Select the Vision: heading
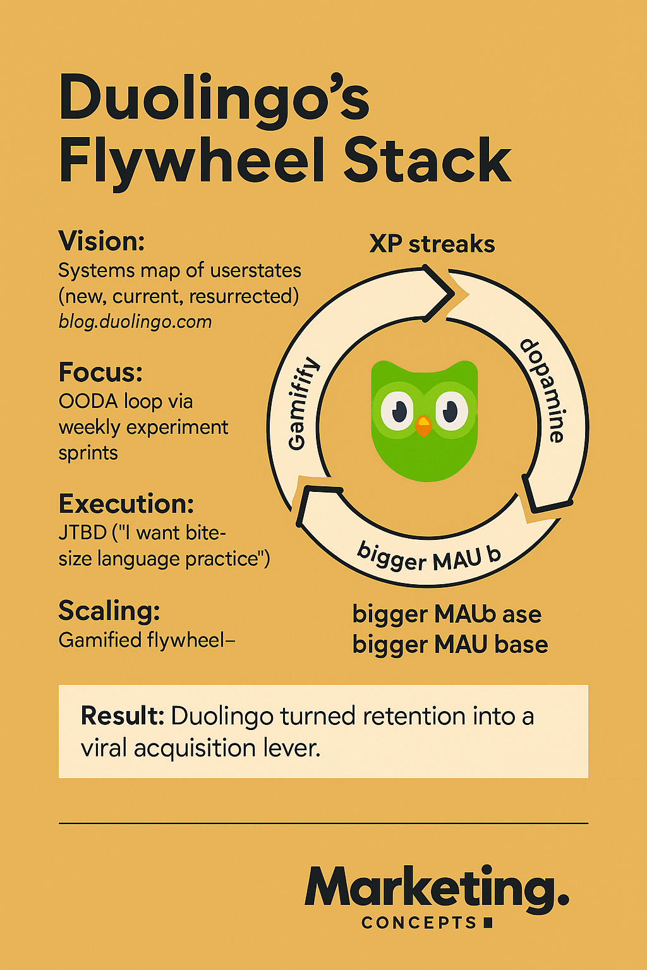(x=102, y=241)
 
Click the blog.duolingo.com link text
(x=135, y=322)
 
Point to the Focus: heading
(x=100, y=373)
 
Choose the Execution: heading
(x=126, y=504)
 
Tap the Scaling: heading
(x=109, y=611)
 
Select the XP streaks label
(x=432, y=244)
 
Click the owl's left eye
(x=397, y=411)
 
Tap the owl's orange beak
(x=424, y=426)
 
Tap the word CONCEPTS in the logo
(x=419, y=923)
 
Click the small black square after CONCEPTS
(x=487, y=923)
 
